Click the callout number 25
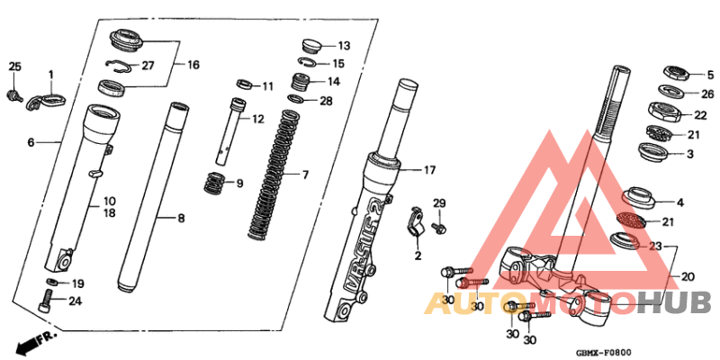[14, 67]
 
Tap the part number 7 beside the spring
[304, 174]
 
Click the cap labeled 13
[313, 44]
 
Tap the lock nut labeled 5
[675, 72]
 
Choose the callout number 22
[700, 115]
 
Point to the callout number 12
[258, 119]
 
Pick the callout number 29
[439, 202]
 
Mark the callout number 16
[193, 65]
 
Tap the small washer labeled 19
[53, 283]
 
